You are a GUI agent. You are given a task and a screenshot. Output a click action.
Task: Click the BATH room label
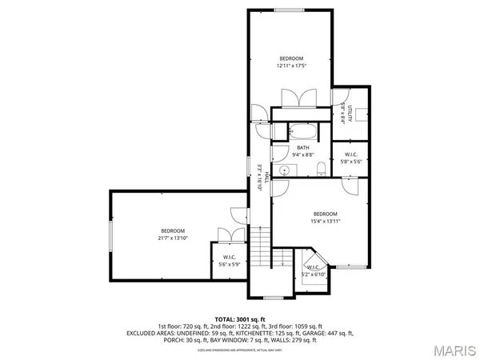[303, 147]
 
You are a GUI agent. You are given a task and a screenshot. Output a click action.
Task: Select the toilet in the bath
[320, 168]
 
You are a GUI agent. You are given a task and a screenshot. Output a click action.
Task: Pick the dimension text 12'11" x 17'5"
[291, 66]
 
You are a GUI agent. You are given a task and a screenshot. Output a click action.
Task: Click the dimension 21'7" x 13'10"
[172, 238]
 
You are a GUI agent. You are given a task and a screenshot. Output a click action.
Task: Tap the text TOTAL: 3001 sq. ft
[239, 318]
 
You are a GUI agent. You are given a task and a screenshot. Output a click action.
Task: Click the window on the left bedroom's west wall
[110, 234]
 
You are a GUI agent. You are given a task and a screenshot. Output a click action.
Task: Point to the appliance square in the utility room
[361, 114]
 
